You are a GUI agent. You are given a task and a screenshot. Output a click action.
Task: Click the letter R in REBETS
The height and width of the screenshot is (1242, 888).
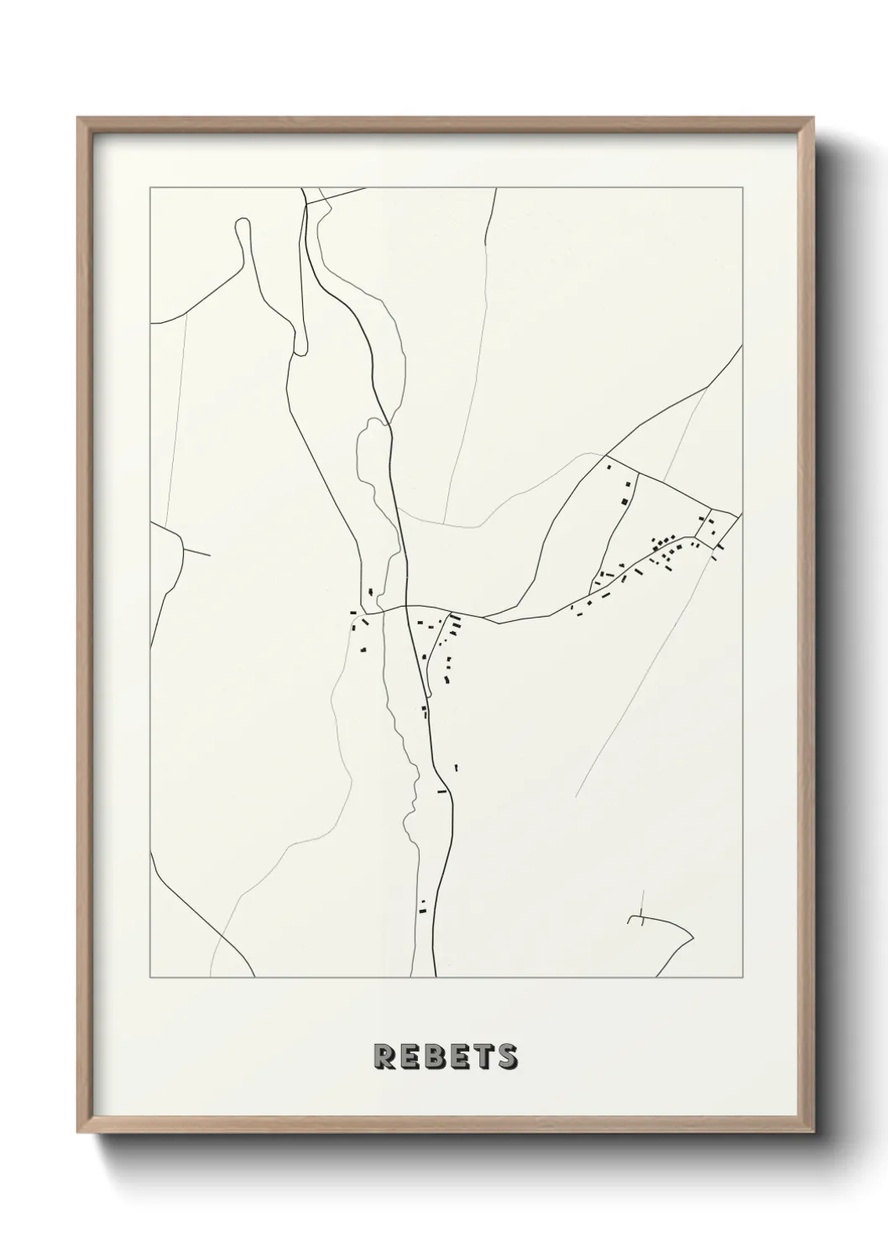pyautogui.click(x=384, y=1057)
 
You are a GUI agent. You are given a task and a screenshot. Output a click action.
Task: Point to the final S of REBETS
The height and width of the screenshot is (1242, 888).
pyautogui.click(x=507, y=1057)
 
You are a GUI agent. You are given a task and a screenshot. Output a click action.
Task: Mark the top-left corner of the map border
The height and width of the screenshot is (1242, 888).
pyautogui.click(x=150, y=188)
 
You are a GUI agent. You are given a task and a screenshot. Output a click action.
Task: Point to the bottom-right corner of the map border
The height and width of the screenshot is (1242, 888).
pyautogui.click(x=739, y=978)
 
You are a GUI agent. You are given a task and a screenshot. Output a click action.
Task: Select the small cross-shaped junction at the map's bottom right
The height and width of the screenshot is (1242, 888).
pyautogui.click(x=640, y=920)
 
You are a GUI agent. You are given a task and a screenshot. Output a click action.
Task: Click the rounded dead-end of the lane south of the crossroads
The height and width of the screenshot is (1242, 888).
pyautogui.click(x=427, y=693)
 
